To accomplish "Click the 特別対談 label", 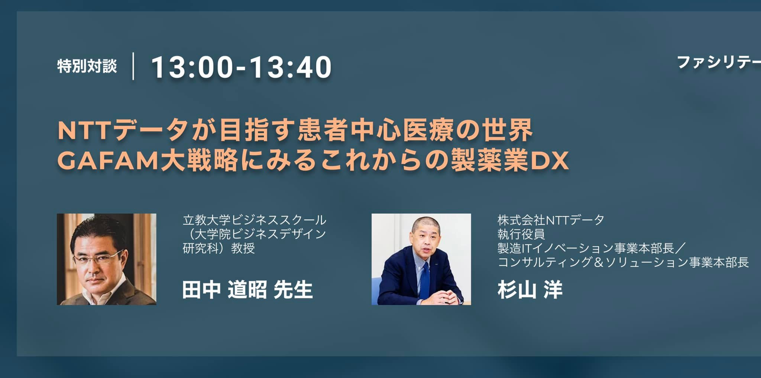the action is click(87, 67).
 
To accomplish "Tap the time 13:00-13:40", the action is click(241, 67).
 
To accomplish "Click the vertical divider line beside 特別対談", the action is click(133, 66).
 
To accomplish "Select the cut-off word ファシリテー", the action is click(719, 63).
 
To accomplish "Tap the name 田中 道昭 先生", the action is click(247, 290).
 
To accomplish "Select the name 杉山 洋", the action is click(530, 290).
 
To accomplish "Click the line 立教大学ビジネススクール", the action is click(255, 220).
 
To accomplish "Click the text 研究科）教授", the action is click(219, 248).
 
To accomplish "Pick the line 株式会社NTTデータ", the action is click(551, 220).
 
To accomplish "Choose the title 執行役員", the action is click(521, 234).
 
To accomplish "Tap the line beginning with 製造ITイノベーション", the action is click(592, 248).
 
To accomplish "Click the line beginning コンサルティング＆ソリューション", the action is click(623, 262).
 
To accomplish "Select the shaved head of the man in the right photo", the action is click(425, 225).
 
